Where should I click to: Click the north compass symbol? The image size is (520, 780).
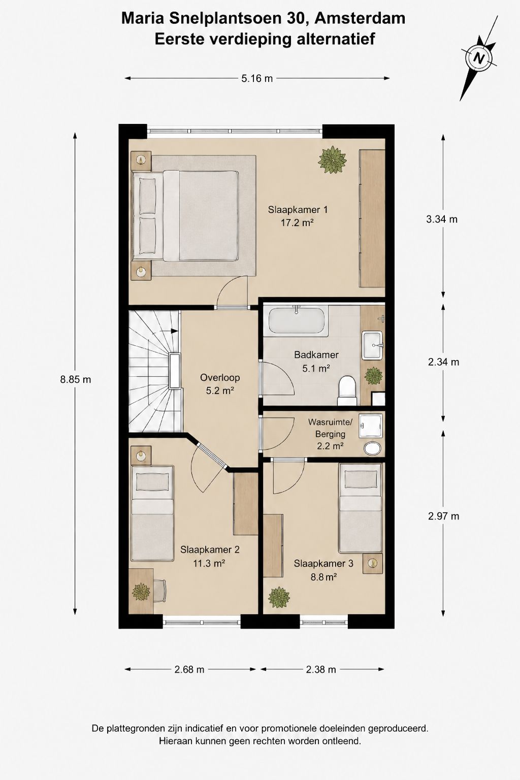tap(478, 58)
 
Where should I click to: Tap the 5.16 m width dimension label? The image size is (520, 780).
tap(257, 79)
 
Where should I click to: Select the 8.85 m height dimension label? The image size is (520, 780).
tap(76, 379)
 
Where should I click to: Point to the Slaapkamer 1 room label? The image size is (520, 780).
tap(298, 210)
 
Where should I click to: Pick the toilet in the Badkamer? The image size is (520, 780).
tap(347, 391)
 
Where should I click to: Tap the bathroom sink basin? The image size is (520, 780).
tap(372, 345)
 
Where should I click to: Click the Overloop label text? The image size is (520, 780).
tap(220, 377)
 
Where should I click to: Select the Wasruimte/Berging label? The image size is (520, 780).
tap(330, 428)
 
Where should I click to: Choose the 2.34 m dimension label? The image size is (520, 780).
tap(443, 362)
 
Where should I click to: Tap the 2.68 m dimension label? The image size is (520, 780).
tap(189, 669)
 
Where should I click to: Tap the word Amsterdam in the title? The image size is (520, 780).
tap(360, 18)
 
